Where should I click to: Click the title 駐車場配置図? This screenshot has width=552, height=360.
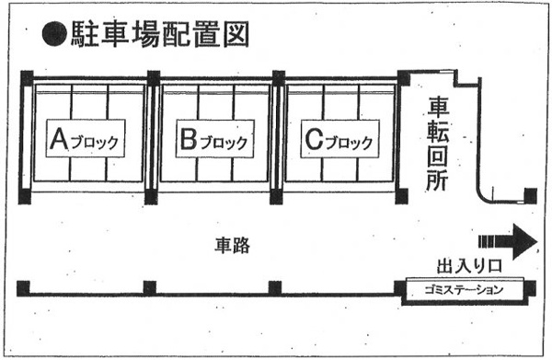pyautogui.click(x=160, y=34)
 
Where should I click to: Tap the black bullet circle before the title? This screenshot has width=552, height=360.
pyautogui.click(x=54, y=34)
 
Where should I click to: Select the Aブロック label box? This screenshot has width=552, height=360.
pyautogui.click(x=86, y=138)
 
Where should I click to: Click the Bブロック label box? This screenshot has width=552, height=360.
pyautogui.click(x=214, y=138)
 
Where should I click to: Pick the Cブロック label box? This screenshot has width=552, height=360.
pyautogui.click(x=340, y=138)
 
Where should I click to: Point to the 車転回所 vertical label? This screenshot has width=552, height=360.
pyautogui.click(x=438, y=144)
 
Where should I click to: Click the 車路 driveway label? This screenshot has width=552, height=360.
pyautogui.click(x=233, y=245)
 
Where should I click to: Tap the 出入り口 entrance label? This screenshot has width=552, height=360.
pyautogui.click(x=469, y=266)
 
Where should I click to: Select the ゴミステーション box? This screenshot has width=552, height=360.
pyautogui.click(x=464, y=291)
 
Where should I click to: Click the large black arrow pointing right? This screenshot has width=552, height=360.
pyautogui.click(x=508, y=241)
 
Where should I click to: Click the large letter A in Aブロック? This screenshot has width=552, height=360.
pyautogui.click(x=59, y=138)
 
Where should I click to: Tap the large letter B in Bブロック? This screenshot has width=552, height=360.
pyautogui.click(x=189, y=139)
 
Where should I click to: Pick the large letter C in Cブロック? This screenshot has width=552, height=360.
pyautogui.click(x=314, y=139)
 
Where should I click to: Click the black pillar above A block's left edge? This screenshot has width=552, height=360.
pyautogui.click(x=27, y=78)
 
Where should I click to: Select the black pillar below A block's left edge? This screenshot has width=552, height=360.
pyautogui.click(x=25, y=197)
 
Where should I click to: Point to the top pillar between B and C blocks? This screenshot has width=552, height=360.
pyautogui.click(x=279, y=78)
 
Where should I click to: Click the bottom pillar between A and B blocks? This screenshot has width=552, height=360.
pyautogui.click(x=151, y=197)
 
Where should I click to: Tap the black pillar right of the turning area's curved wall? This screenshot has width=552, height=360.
pyautogui.click(x=531, y=196)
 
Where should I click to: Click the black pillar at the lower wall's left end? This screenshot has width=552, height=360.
pyautogui.click(x=23, y=288)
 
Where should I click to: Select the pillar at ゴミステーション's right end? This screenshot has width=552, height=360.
pyautogui.click(x=531, y=288)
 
